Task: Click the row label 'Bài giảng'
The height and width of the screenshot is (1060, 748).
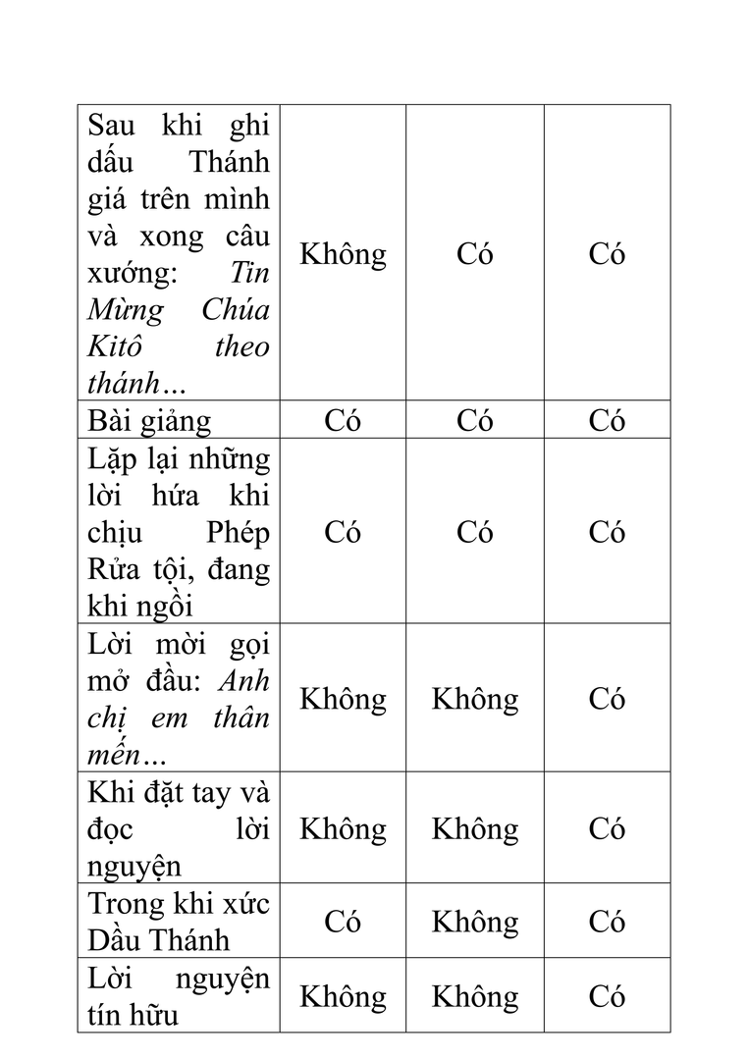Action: (149, 421)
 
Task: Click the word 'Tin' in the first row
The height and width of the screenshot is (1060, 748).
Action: (249, 273)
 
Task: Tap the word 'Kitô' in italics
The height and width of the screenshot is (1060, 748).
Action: (115, 346)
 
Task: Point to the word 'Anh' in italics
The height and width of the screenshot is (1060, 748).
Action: (244, 680)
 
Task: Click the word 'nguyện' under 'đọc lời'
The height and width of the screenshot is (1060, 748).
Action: (134, 867)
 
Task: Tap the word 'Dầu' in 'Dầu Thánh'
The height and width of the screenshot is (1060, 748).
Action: (116, 939)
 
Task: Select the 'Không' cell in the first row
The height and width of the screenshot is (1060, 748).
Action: (343, 254)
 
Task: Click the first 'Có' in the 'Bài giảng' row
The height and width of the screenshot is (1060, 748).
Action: (343, 421)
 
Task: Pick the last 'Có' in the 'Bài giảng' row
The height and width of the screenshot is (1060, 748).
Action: (607, 421)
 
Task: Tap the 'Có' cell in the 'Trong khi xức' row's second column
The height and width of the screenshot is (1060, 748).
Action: (343, 922)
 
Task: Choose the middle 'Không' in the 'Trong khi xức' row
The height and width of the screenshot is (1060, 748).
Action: (475, 922)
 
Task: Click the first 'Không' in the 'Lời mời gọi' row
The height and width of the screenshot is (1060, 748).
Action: (343, 699)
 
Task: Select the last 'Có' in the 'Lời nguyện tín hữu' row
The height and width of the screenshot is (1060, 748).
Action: (607, 996)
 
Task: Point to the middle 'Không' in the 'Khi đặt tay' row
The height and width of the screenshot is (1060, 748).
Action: (475, 829)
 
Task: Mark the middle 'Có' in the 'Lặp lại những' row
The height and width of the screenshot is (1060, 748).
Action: (475, 532)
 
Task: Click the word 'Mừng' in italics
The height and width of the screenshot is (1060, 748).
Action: (126, 310)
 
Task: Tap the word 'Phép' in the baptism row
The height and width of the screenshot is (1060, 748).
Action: (238, 532)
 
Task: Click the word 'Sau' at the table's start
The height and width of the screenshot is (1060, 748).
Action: (111, 125)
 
